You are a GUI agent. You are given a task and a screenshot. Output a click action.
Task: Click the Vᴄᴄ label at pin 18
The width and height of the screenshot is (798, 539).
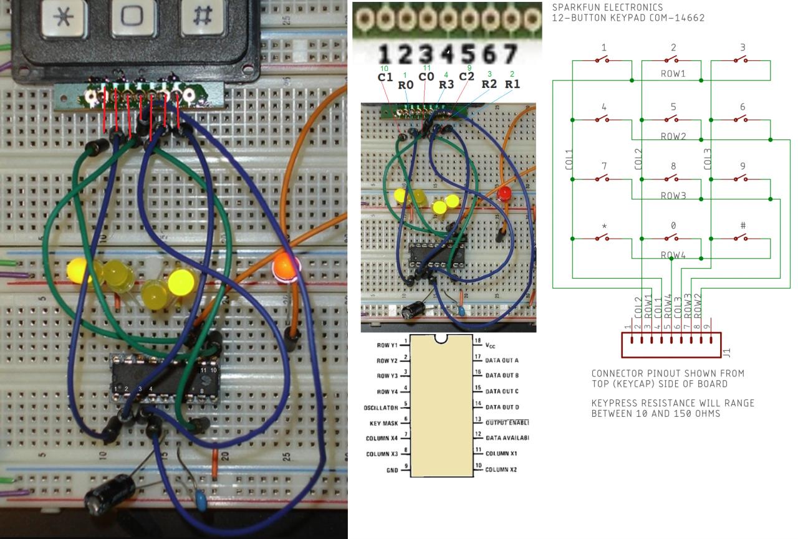491,345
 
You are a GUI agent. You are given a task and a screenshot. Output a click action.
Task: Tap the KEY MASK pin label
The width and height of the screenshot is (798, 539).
384,422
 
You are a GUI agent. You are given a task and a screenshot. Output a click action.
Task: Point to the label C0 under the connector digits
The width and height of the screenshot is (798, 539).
426,77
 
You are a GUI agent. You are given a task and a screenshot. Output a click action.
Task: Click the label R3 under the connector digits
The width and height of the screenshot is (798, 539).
446,84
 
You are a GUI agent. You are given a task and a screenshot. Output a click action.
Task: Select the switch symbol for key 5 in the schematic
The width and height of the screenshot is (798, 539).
671,120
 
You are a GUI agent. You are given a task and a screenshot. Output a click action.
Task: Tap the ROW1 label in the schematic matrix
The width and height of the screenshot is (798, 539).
673,74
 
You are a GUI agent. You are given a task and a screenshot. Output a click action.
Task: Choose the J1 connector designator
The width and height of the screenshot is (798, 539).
727,353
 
